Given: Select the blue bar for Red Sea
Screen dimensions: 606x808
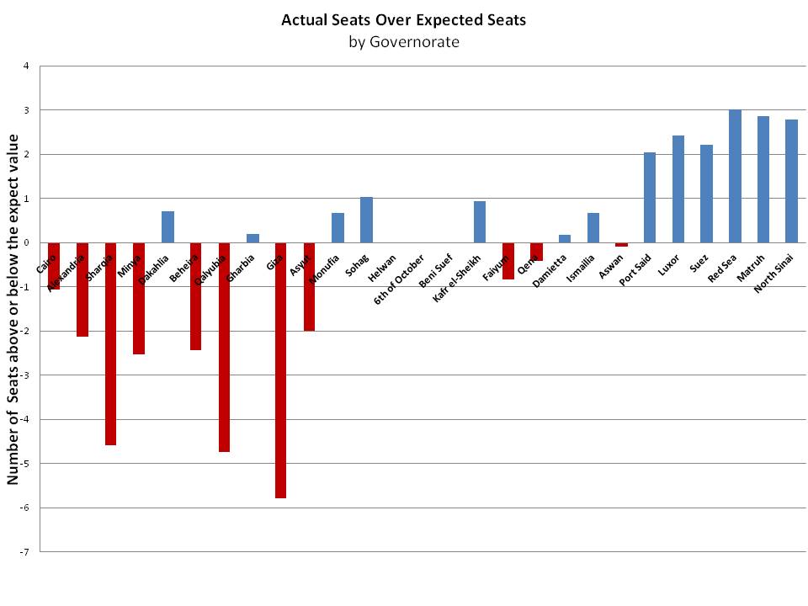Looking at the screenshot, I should click(735, 176).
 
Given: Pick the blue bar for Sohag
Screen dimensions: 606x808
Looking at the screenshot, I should click(366, 220).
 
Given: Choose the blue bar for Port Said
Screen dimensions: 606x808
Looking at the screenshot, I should click(650, 197).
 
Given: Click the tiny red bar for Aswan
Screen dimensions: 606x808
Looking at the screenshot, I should click(621, 244).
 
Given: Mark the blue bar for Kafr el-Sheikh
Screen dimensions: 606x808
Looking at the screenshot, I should click(480, 221).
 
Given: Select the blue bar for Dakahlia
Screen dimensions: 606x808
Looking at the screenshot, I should click(167, 226).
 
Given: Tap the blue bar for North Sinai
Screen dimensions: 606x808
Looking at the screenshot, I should click(791, 181).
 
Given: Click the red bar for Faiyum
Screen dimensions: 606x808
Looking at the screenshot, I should click(508, 261).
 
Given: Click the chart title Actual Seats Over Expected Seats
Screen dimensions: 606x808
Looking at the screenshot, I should click(404, 20).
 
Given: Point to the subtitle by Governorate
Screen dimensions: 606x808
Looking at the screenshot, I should click(404, 41).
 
